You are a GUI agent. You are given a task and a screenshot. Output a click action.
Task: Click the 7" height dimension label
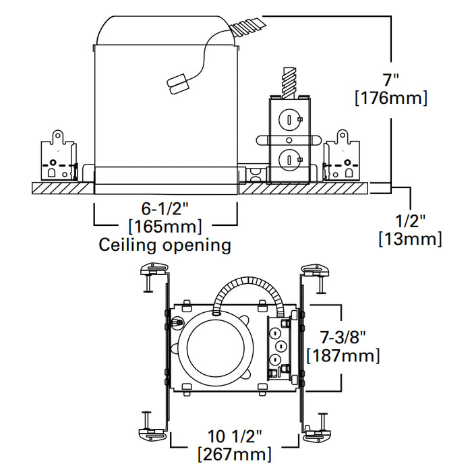coord(390,79)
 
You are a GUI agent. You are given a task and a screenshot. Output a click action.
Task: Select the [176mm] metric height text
coord(390,98)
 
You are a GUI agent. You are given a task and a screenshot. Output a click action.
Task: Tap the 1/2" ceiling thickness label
coord(410,220)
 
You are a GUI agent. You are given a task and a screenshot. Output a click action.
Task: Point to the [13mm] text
coord(410,238)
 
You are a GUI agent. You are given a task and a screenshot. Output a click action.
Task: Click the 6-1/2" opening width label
coord(165,208)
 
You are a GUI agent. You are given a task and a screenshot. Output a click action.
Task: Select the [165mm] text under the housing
coord(165,226)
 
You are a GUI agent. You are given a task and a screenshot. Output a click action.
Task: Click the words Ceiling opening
coord(165,244)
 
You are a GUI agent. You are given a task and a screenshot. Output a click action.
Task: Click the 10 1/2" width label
coord(235,436)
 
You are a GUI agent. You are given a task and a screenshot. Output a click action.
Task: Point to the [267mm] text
coord(235,454)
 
